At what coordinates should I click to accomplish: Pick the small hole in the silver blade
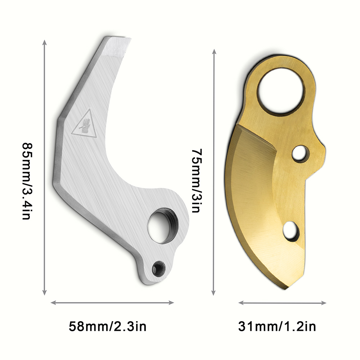pos(158,268)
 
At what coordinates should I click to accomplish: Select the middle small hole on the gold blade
pos(300,154)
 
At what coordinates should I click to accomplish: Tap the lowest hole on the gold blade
pos(291,231)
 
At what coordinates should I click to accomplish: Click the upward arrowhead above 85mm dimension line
pos(45,42)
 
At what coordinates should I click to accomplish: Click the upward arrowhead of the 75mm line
pos(215,52)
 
